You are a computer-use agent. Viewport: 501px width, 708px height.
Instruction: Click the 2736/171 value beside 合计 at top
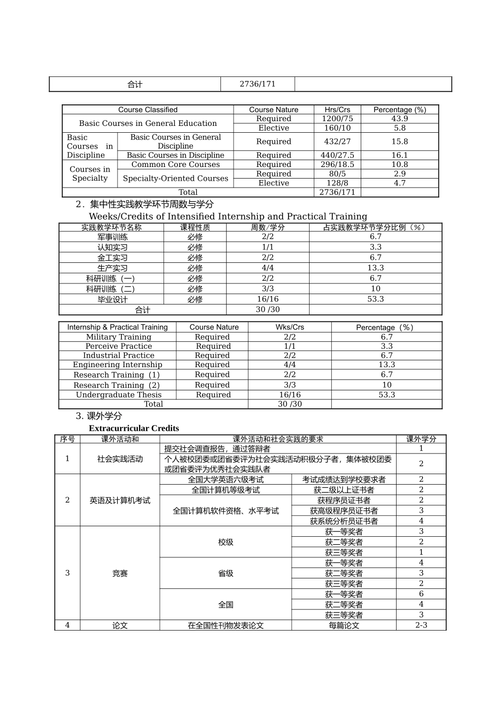click(257, 84)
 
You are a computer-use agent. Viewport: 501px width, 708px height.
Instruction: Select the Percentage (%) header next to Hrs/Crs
click(399, 110)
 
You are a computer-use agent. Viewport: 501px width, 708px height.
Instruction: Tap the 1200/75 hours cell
click(337, 119)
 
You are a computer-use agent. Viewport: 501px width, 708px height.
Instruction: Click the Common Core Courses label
click(176, 164)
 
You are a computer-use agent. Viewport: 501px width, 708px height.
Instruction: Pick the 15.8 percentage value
click(399, 141)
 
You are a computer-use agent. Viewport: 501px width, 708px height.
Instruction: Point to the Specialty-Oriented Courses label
click(176, 178)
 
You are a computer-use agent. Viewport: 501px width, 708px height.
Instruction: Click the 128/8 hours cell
click(337, 183)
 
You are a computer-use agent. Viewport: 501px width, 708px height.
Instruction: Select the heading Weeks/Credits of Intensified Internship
click(228, 217)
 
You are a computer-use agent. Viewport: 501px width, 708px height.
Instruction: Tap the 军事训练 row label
click(112, 237)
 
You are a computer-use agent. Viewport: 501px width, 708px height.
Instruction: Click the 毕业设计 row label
click(112, 299)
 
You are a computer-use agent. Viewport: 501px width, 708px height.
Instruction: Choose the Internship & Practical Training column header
click(117, 327)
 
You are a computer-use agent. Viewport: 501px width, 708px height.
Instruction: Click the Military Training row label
click(119, 337)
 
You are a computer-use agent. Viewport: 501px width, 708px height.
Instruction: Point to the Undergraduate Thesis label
click(119, 395)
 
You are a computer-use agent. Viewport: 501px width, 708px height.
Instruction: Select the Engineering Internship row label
click(118, 365)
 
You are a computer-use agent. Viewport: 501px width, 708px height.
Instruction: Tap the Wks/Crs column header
click(290, 327)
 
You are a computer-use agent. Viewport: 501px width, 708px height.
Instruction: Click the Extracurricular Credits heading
click(134, 428)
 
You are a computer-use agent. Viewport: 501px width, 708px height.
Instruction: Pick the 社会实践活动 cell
click(120, 459)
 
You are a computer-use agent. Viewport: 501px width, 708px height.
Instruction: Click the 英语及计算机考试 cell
click(120, 500)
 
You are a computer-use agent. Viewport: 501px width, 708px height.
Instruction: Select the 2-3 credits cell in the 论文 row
click(421, 625)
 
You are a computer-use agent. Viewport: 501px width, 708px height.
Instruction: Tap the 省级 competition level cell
click(226, 573)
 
